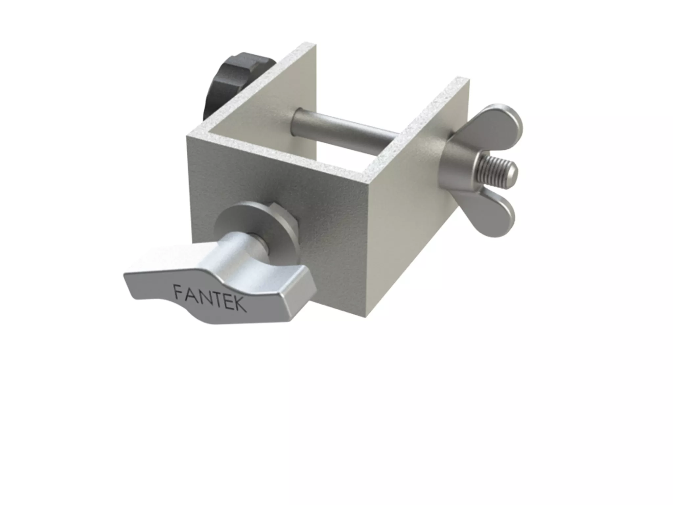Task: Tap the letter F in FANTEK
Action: click(x=178, y=291)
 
